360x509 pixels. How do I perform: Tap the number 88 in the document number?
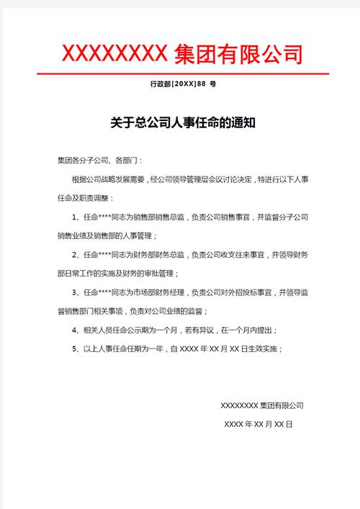(202, 84)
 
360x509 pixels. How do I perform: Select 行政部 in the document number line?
(161, 84)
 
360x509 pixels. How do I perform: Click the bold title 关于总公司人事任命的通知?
(183, 123)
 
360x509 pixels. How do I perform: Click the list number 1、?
(77, 217)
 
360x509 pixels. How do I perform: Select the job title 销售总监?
(170, 217)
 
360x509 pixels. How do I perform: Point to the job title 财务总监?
(170, 255)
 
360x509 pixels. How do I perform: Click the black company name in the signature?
(261, 406)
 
